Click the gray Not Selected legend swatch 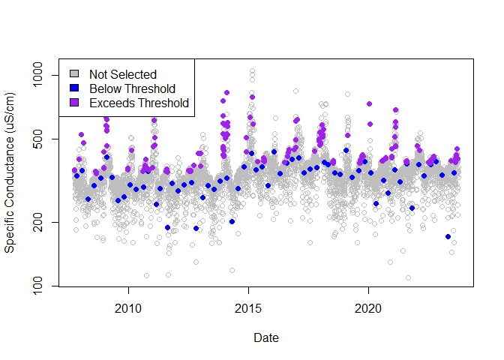click(73, 74)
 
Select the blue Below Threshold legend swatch click(73, 88)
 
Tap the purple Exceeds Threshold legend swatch click(73, 103)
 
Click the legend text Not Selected click(122, 74)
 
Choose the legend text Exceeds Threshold click(138, 103)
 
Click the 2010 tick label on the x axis click(128, 308)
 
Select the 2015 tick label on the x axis click(248, 308)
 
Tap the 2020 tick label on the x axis click(368, 308)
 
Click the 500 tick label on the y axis click(41, 139)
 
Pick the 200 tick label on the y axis click(41, 222)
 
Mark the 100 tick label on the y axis click(41, 286)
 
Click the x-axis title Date click(266, 338)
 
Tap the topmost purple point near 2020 click(369, 104)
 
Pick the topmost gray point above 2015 click(252, 71)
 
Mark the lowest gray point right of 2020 click(408, 277)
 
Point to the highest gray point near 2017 click(295, 91)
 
